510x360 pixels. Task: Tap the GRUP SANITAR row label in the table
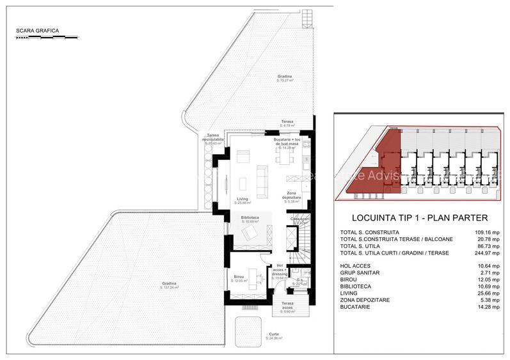coord(364,270)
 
